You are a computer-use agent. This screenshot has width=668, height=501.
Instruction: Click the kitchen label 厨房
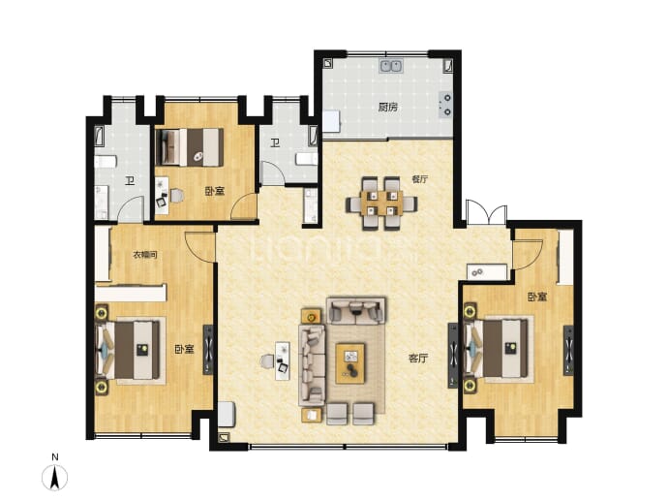point(387,107)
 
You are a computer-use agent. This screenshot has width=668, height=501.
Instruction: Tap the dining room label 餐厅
point(419,179)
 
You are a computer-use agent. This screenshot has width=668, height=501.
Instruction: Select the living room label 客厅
point(417,359)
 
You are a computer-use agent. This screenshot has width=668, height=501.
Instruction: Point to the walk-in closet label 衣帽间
point(145,255)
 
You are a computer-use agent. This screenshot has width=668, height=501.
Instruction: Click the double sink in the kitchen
point(391,66)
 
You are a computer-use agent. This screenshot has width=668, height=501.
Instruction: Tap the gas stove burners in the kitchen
point(445,105)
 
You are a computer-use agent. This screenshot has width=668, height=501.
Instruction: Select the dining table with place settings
point(381,203)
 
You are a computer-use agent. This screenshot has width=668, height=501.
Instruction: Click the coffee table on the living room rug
point(350,363)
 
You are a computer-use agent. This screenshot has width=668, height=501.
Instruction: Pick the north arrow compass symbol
point(54,478)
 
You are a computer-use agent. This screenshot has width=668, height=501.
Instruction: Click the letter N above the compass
point(55,457)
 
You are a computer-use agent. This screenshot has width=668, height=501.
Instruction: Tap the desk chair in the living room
point(266,361)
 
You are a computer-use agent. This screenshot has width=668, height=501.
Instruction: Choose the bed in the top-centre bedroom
point(190,147)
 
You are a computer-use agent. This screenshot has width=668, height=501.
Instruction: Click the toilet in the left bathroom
point(106,162)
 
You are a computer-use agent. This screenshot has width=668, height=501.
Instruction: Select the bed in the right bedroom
point(498,349)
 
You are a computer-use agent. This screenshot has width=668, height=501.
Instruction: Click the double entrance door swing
point(487,212)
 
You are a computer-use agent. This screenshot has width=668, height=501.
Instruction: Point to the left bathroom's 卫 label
point(130,181)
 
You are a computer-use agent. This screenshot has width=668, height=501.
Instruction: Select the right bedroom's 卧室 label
point(537,297)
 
